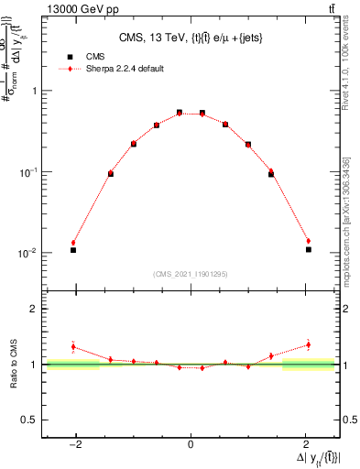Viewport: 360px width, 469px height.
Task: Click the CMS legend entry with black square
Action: [92, 56]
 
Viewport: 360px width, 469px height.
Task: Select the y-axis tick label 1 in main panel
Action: [34, 91]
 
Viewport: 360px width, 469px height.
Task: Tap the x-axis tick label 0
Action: [191, 445]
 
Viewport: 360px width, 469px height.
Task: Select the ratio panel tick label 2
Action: [34, 309]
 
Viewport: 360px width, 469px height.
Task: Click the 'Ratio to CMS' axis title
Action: [13, 365]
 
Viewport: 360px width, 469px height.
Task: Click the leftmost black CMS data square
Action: [73, 250]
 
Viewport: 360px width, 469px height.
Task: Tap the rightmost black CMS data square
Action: [309, 249]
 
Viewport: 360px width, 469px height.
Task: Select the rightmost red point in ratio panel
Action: [309, 345]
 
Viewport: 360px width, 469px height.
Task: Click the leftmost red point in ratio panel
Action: [73, 347]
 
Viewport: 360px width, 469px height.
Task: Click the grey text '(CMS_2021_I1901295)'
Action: [191, 274]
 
